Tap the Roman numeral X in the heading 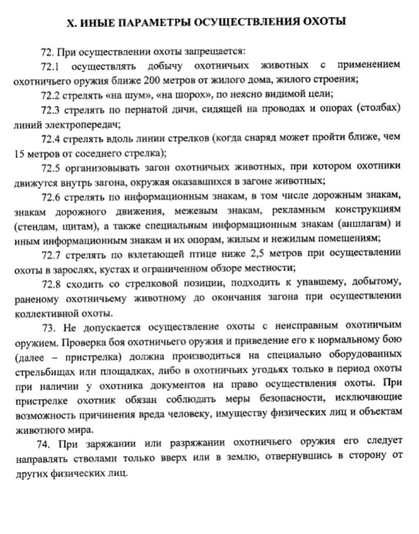[x=72, y=23]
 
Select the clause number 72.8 [x=51, y=284]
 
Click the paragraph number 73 [x=49, y=327]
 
